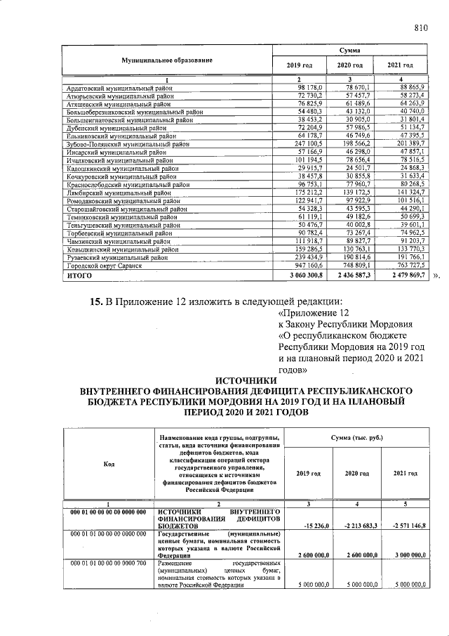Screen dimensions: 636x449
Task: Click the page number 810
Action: coord(421,28)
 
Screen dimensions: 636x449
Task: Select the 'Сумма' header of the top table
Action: coord(349,51)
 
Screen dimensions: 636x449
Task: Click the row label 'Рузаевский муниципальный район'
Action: coord(115,257)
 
